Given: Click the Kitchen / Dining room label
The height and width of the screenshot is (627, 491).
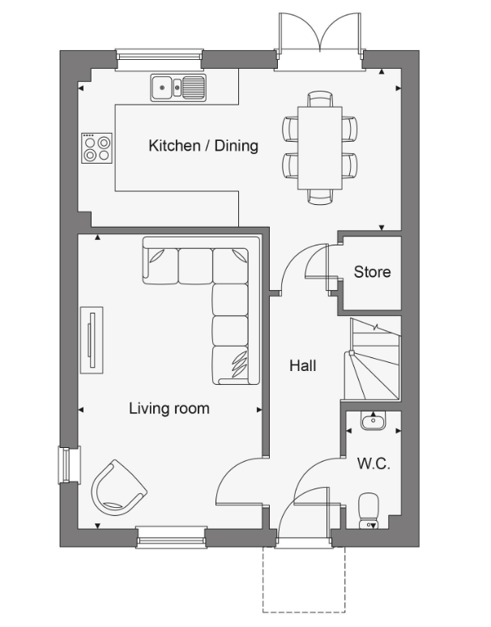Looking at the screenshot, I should pyautogui.click(x=203, y=146).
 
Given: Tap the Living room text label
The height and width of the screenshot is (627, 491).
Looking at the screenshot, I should pyautogui.click(x=169, y=408).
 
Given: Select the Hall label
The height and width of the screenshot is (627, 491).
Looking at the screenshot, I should pyautogui.click(x=302, y=366).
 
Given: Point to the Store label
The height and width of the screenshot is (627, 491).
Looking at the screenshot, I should pyautogui.click(x=372, y=272).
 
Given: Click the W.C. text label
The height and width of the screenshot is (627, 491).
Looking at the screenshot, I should pyautogui.click(x=374, y=465).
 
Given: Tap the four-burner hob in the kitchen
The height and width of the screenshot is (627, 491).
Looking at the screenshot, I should pyautogui.click(x=96, y=147).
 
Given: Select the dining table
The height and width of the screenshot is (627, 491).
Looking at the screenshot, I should pyautogui.click(x=319, y=147).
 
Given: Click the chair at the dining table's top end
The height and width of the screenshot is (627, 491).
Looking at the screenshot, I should pyautogui.click(x=319, y=99).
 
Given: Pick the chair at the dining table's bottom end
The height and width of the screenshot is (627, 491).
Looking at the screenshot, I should pyautogui.click(x=319, y=196).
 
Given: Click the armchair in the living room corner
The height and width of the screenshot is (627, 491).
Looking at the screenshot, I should pyautogui.click(x=117, y=486).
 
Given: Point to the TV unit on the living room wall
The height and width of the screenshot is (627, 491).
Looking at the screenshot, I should pyautogui.click(x=92, y=342).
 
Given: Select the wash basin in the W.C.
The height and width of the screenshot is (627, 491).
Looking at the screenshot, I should pyautogui.click(x=374, y=420).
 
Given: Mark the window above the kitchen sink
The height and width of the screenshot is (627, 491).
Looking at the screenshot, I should pyautogui.click(x=159, y=55).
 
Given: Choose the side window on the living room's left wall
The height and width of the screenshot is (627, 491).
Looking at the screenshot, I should pyautogui.click(x=65, y=466).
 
